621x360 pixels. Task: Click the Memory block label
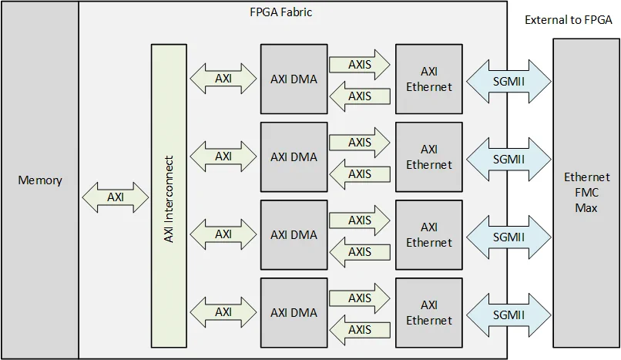click(x=39, y=180)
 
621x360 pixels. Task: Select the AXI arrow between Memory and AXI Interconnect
click(x=115, y=197)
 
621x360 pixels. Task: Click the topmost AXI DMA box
click(x=294, y=78)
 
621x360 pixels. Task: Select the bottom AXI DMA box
click(x=294, y=312)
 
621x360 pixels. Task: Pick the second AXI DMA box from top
click(x=294, y=156)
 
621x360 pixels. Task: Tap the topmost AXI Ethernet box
click(x=428, y=78)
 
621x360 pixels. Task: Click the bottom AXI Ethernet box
click(x=428, y=312)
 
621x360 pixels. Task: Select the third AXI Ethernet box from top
click(x=428, y=234)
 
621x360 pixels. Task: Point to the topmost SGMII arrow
click(x=508, y=79)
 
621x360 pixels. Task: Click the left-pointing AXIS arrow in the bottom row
click(x=358, y=330)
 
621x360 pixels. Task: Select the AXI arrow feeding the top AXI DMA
click(x=223, y=79)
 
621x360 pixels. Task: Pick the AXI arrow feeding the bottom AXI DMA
click(x=223, y=312)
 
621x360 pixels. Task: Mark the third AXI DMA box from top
click(x=294, y=234)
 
